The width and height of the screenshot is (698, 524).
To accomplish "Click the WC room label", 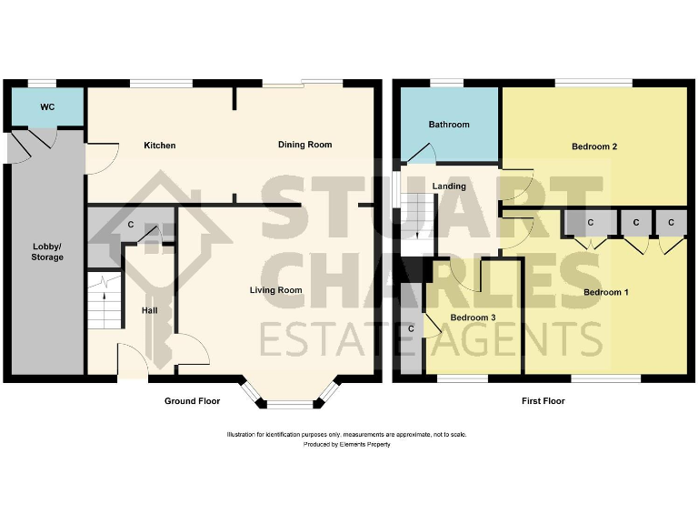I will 47,107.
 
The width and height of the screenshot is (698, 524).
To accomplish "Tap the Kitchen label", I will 159,146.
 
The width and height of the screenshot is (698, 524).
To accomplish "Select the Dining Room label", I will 304,145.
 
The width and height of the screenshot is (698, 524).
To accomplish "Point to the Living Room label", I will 276,290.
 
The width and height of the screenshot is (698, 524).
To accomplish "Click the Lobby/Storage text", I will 48,252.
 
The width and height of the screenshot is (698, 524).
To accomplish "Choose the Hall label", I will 150,310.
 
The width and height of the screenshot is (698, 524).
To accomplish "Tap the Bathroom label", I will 449,125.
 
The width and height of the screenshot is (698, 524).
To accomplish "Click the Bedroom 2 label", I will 595,146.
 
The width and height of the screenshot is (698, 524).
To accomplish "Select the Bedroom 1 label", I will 606,292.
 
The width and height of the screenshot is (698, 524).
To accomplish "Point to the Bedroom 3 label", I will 474,317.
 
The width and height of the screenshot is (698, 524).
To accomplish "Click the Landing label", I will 449,186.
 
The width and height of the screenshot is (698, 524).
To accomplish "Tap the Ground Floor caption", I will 192,401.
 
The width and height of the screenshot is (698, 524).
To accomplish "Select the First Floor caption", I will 539,401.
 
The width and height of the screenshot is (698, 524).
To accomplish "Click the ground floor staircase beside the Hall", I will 105,300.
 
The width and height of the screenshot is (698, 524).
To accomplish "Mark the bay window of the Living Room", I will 290,393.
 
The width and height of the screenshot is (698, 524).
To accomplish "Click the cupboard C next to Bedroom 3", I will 411,328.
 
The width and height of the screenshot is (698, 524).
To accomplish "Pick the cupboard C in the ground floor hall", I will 131,224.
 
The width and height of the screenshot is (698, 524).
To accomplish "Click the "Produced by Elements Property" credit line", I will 347,445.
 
